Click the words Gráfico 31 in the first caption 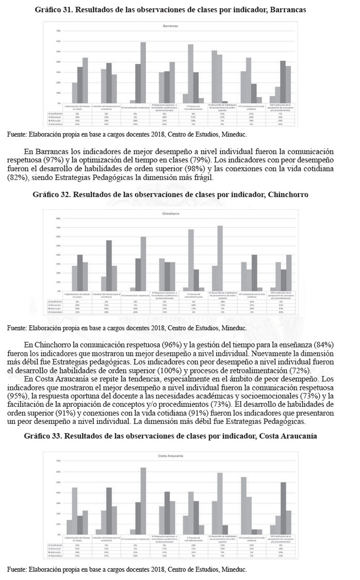coord(53,10)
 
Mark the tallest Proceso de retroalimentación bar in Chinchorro coord(190,260)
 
